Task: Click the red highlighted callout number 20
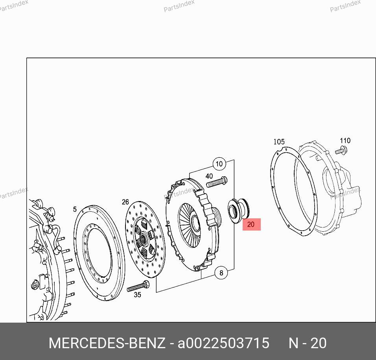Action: pos(251,225)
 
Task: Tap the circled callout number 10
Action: pos(219,164)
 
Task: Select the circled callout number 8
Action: pos(221,273)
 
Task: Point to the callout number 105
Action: pos(279,142)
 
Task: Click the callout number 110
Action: pos(345,140)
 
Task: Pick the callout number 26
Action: pos(125,202)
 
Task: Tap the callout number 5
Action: pos(75,209)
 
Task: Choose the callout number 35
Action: pos(137,295)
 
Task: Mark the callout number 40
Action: pos(209,176)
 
